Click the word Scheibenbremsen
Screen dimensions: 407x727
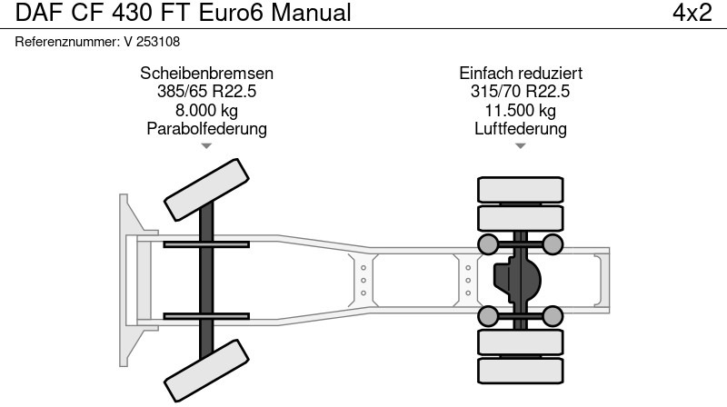click(206, 74)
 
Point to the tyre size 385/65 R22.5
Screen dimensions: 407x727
click(206, 92)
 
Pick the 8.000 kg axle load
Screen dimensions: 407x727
click(206, 110)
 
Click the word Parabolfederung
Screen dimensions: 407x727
click(206, 128)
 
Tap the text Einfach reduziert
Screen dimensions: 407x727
click(520, 74)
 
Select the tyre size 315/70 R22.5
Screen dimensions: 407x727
click(520, 92)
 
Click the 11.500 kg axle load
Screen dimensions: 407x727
click(520, 110)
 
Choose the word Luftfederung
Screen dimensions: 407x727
click(520, 128)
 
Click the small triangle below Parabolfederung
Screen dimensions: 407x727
click(206, 145)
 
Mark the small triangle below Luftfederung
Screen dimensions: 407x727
click(520, 145)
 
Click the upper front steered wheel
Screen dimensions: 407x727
click(205, 187)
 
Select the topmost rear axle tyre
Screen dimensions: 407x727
click(520, 189)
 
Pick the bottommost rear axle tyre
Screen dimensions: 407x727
click(520, 370)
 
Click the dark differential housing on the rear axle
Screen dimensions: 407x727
click(515, 279)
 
